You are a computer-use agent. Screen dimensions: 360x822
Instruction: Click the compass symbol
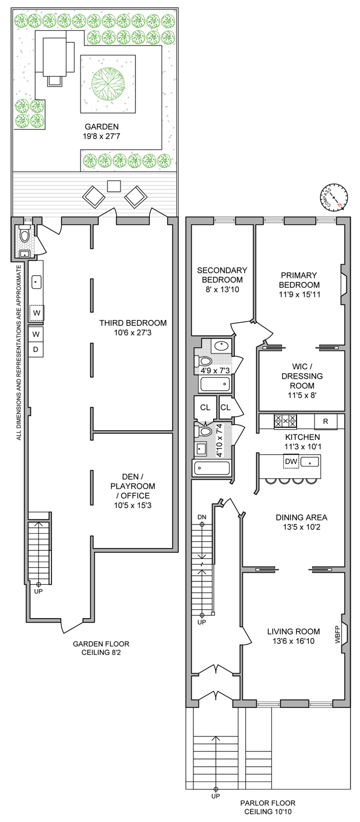pyautogui.click(x=334, y=197)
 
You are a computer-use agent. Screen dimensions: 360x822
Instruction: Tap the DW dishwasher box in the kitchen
pyautogui.click(x=292, y=461)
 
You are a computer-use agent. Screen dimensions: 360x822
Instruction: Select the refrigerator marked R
pyautogui.click(x=325, y=421)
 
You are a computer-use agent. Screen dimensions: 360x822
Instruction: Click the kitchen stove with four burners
pyautogui.click(x=285, y=421)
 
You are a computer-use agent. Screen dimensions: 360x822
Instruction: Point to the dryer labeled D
pyautogui.click(x=36, y=350)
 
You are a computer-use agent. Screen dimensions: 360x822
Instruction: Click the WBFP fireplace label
pyautogui.click(x=338, y=634)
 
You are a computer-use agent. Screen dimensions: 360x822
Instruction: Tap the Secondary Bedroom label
pyautogui.click(x=222, y=275)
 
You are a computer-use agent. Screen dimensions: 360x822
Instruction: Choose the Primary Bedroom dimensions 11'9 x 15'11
pyautogui.click(x=299, y=294)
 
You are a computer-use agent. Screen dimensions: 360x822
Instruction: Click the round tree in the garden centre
pyautogui.click(x=108, y=84)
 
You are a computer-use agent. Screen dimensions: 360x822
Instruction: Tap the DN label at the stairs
pyautogui.click(x=202, y=517)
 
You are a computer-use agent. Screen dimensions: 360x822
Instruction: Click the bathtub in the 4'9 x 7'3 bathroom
pyautogui.click(x=215, y=384)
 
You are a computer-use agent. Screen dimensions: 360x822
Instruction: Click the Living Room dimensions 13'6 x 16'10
pyautogui.click(x=294, y=641)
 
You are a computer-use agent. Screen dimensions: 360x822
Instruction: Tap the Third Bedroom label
pyautogui.click(x=133, y=323)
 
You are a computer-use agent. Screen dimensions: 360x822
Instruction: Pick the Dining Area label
pyautogui.click(x=302, y=517)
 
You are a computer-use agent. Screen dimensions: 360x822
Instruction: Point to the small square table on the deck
pyautogui.click(x=114, y=186)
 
